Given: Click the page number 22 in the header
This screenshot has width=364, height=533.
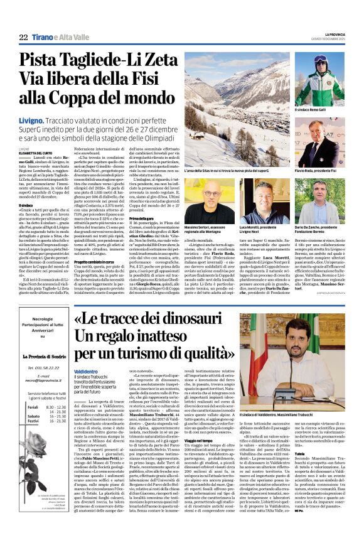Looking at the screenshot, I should pyautogui.click(x=24, y=38).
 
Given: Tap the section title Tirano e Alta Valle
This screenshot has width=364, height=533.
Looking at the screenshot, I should pyautogui.click(x=55, y=38).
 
